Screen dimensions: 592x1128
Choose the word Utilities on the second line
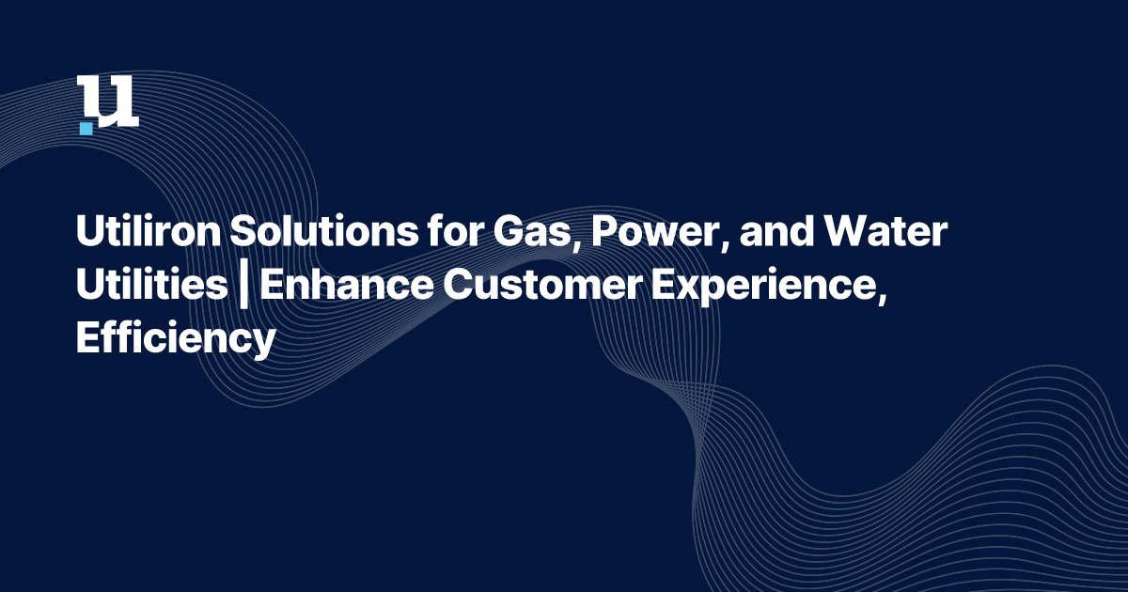click(x=147, y=286)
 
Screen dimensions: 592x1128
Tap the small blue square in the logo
click(x=86, y=127)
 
